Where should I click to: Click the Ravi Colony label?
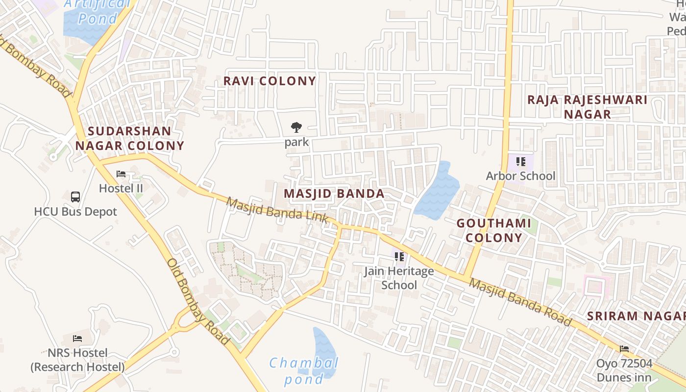click(269, 81)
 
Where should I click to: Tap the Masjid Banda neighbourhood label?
click(334, 194)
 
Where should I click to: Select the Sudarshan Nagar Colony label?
click(129, 138)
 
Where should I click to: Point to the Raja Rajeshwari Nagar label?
click(587, 107)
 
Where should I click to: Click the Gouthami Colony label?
click(493, 230)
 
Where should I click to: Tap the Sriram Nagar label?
click(636, 316)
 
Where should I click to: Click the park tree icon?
click(296, 128)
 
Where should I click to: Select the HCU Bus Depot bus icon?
click(75, 197)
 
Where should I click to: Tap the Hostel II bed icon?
click(121, 174)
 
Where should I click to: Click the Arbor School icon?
click(520, 161)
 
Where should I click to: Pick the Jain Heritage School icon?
click(399, 256)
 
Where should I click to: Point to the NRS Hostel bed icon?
click(77, 338)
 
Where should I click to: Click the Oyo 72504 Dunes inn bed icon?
click(624, 349)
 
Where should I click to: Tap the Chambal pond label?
click(304, 370)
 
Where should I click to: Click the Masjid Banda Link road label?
click(277, 210)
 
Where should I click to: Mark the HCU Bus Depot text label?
click(75, 212)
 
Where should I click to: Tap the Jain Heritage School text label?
click(399, 278)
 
